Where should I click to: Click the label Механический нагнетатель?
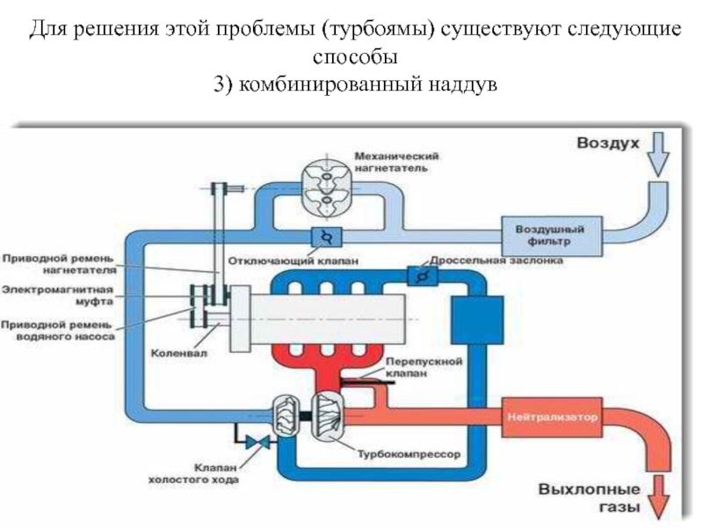tap(397, 161)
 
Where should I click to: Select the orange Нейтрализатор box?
tap(551, 412)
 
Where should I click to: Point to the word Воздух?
tap(607, 142)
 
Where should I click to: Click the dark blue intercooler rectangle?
tap(477, 319)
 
